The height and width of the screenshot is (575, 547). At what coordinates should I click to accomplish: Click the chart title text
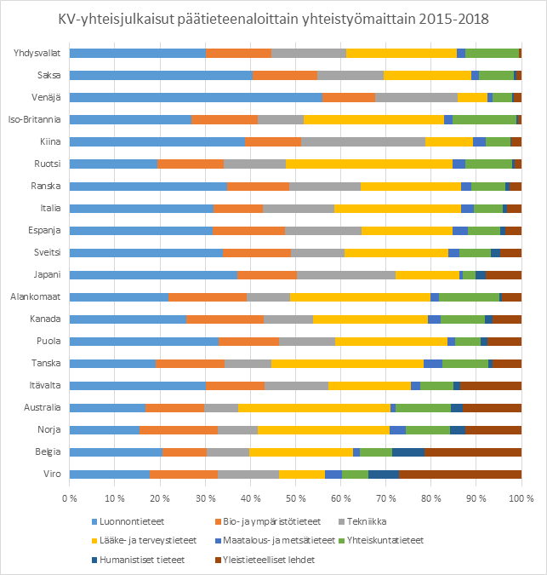tap(273, 19)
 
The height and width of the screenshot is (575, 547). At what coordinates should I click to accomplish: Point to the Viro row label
tap(52, 474)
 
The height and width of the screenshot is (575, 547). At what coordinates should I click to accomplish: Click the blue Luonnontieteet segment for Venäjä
tap(196, 97)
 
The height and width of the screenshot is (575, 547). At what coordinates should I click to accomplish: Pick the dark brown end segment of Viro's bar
tap(460, 474)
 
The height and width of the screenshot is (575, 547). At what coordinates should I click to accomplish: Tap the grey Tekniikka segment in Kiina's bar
tap(362, 141)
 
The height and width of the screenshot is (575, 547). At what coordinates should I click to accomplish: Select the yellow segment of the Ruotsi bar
tap(368, 164)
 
